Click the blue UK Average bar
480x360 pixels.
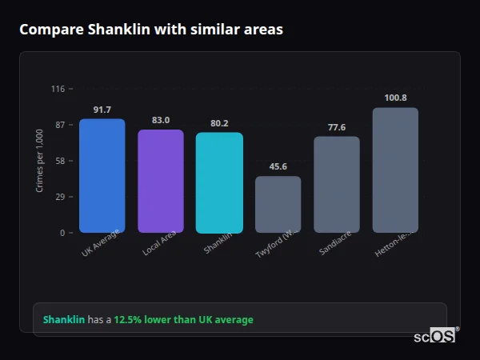click(102, 176)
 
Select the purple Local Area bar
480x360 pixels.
click(160, 181)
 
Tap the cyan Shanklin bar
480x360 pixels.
click(219, 182)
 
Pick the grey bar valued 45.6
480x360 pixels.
click(278, 205)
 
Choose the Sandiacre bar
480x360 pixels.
click(336, 185)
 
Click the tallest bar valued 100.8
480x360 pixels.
click(395, 170)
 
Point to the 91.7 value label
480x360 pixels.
click(102, 110)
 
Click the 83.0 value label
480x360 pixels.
click(160, 120)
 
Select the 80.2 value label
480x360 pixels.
click(219, 123)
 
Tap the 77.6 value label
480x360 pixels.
click(336, 127)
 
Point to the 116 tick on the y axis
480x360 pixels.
click(58, 89)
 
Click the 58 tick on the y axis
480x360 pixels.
click(59, 161)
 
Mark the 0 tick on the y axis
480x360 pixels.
click(62, 233)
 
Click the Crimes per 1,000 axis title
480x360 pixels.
click(39, 160)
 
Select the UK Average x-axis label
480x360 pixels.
click(101, 244)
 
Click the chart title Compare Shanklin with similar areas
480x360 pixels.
click(150, 30)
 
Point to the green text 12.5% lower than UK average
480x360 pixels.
click(183, 320)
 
